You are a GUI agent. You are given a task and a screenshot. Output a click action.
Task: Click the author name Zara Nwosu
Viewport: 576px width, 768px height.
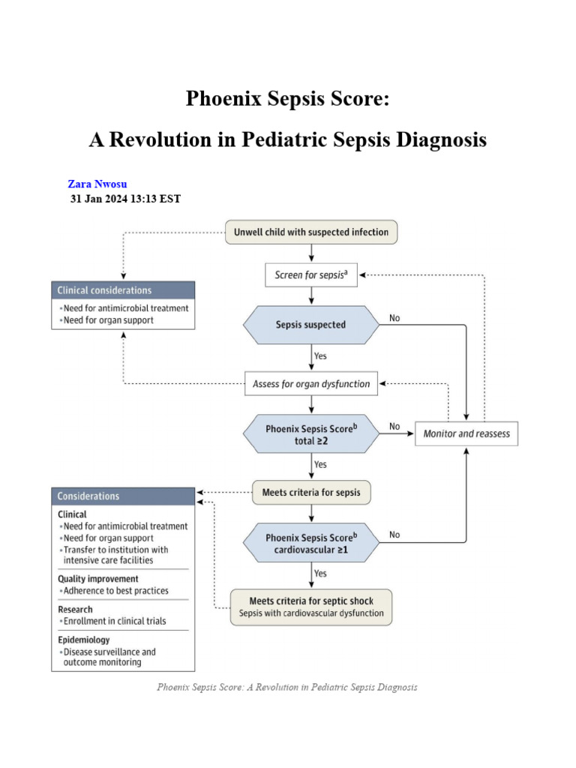point(97,184)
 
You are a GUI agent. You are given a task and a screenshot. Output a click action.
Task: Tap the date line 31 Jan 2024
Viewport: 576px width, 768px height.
point(125,199)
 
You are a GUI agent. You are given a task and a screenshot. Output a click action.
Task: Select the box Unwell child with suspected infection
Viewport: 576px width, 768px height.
point(311,232)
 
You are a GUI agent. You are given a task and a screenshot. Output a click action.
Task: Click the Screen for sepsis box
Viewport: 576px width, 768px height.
point(311,275)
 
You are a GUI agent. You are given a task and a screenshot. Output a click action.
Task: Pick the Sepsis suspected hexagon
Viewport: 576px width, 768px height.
point(311,325)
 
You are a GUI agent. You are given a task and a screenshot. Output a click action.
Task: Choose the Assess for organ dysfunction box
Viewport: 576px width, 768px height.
point(311,384)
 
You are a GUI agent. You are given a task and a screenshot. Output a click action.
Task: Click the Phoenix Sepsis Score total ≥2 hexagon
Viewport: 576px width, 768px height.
point(311,435)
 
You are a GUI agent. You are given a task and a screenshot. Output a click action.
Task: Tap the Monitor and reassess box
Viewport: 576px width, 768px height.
point(466,434)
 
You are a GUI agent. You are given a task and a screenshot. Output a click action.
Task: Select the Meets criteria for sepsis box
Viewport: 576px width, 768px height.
point(311,493)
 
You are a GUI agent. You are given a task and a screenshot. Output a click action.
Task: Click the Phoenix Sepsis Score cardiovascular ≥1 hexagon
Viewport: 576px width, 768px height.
point(311,544)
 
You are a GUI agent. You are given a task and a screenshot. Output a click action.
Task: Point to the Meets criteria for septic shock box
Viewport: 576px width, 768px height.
point(311,607)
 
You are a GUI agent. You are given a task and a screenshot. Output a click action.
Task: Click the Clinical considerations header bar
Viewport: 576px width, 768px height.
point(123,290)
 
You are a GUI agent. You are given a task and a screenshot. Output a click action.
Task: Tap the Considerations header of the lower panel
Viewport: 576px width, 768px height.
point(123,496)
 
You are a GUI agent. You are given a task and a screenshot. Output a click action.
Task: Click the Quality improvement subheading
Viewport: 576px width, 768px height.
point(98,579)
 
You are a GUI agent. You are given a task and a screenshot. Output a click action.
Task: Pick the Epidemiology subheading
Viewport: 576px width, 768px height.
point(84,640)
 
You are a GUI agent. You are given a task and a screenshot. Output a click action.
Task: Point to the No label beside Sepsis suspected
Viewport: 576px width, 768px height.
point(394,319)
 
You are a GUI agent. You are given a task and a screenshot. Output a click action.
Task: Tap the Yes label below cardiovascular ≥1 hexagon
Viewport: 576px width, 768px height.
point(320,574)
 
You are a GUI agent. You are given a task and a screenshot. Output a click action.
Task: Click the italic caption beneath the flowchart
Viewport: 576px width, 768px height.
point(287,687)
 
